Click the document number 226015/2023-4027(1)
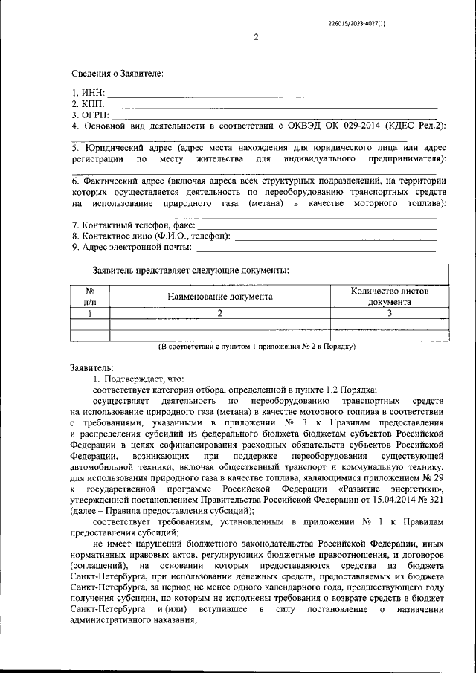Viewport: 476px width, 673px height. coord(356,23)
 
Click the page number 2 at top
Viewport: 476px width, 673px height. coord(255,39)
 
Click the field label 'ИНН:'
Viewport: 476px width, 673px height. coord(93,93)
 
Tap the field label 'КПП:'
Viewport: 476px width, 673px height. coord(93,104)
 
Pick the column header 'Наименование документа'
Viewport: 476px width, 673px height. coord(219,297)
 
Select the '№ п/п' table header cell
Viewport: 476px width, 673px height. coord(90,297)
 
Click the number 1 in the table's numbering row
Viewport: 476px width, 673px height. coord(90,314)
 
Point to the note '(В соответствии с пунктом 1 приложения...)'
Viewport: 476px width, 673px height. coord(258,347)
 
